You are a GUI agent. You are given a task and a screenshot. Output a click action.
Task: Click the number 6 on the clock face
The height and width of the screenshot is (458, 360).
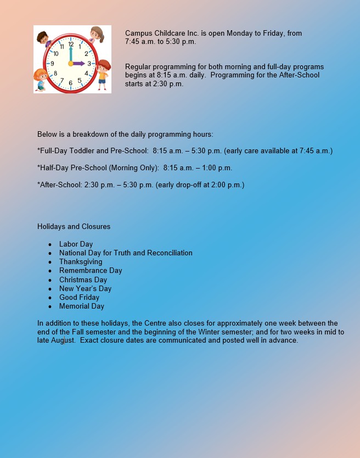pyautogui.click(x=70, y=83)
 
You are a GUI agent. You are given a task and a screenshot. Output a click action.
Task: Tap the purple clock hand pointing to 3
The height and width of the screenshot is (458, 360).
pyautogui.click(x=79, y=63)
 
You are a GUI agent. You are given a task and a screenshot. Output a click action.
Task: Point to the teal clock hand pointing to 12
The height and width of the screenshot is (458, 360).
pyautogui.click(x=70, y=54)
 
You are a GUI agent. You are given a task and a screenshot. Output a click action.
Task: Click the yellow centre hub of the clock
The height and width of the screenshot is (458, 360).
pyautogui.click(x=70, y=64)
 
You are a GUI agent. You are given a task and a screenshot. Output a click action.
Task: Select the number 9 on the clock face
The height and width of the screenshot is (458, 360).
pyautogui.click(x=52, y=64)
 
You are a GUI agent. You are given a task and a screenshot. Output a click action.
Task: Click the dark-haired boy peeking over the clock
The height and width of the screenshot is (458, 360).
pyautogui.click(x=43, y=38)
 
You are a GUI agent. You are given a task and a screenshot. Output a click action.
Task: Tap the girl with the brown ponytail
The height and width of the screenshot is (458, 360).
pyautogui.click(x=97, y=33)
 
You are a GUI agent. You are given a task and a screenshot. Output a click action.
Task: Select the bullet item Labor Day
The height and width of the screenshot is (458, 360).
pyautogui.click(x=76, y=244)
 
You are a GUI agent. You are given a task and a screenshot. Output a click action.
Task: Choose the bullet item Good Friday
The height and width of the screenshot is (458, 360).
pyautogui.click(x=79, y=297)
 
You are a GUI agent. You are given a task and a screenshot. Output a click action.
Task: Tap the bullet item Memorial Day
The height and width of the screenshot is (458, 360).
pyautogui.click(x=81, y=306)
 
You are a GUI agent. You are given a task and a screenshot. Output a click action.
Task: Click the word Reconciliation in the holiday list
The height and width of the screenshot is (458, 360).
pyautogui.click(x=167, y=253)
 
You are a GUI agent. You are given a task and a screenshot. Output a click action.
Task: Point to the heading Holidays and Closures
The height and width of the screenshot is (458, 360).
pyautogui.click(x=74, y=226)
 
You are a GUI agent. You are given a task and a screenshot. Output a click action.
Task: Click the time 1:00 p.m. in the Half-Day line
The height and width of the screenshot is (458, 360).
pyautogui.click(x=217, y=167)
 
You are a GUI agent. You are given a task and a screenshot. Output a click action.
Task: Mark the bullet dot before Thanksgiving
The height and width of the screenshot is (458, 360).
pyautogui.click(x=50, y=262)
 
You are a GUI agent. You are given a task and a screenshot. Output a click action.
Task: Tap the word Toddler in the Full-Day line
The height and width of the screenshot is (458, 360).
pyautogui.click(x=82, y=150)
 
